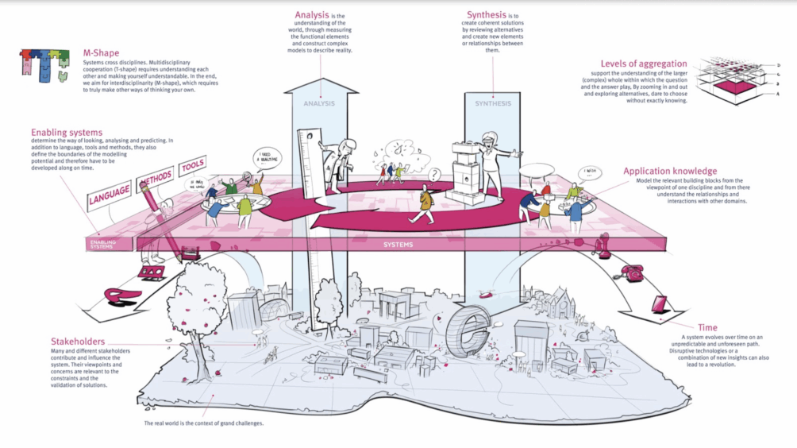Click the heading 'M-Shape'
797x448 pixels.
click(100, 53)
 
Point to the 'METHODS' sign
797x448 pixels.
click(156, 179)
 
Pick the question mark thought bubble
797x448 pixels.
click(433, 175)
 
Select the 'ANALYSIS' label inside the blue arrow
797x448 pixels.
click(320, 103)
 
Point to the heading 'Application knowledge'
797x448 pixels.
click(670, 171)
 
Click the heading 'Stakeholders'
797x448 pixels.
click(80, 342)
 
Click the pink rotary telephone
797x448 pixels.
click(632, 272)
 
